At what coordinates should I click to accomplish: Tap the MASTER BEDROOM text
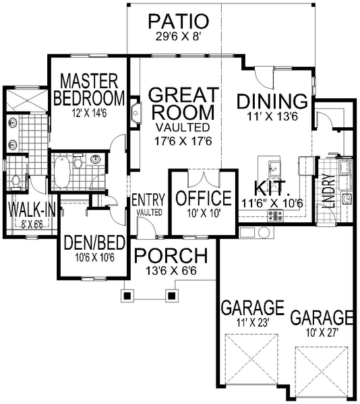click(x=89, y=90)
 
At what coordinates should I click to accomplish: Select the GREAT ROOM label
click(x=183, y=102)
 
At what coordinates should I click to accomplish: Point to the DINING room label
click(x=272, y=101)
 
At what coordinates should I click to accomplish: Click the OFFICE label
click(x=203, y=198)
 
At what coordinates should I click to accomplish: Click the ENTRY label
click(x=149, y=199)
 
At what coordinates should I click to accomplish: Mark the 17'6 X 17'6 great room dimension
click(x=183, y=142)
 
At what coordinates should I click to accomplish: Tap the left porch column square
click(x=126, y=294)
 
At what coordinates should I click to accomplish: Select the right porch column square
click(x=171, y=294)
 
